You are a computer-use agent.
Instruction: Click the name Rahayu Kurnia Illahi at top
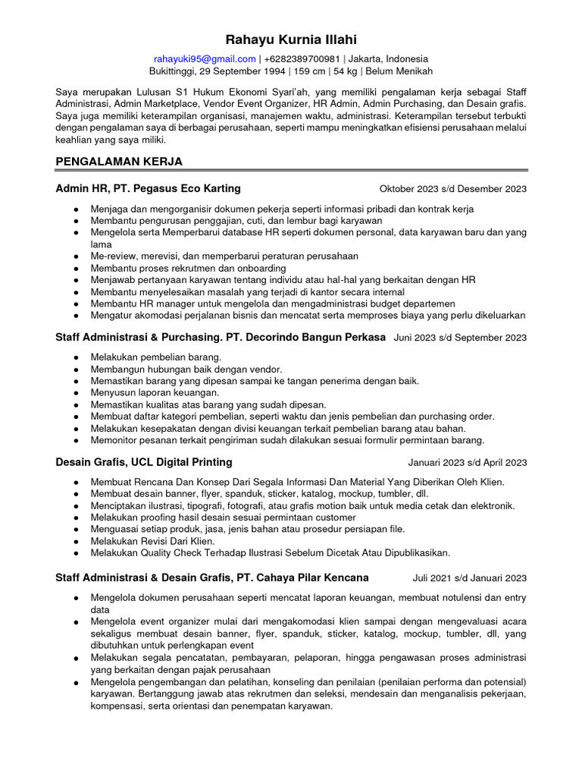291,39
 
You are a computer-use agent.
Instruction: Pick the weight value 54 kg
344,71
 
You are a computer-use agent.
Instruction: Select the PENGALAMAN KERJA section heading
119,162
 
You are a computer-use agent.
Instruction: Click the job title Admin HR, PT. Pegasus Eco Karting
149,188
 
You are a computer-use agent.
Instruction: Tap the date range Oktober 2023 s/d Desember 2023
452,189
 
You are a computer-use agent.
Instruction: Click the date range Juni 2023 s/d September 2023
460,337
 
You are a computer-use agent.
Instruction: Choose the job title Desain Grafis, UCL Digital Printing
144,462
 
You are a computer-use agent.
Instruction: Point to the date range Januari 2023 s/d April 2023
468,462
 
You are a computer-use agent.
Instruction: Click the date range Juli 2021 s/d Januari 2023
470,577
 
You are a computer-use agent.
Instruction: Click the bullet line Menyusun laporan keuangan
155,392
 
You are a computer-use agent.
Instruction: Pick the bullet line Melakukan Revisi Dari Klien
152,541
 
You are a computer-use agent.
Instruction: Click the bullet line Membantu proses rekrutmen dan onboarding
188,268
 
